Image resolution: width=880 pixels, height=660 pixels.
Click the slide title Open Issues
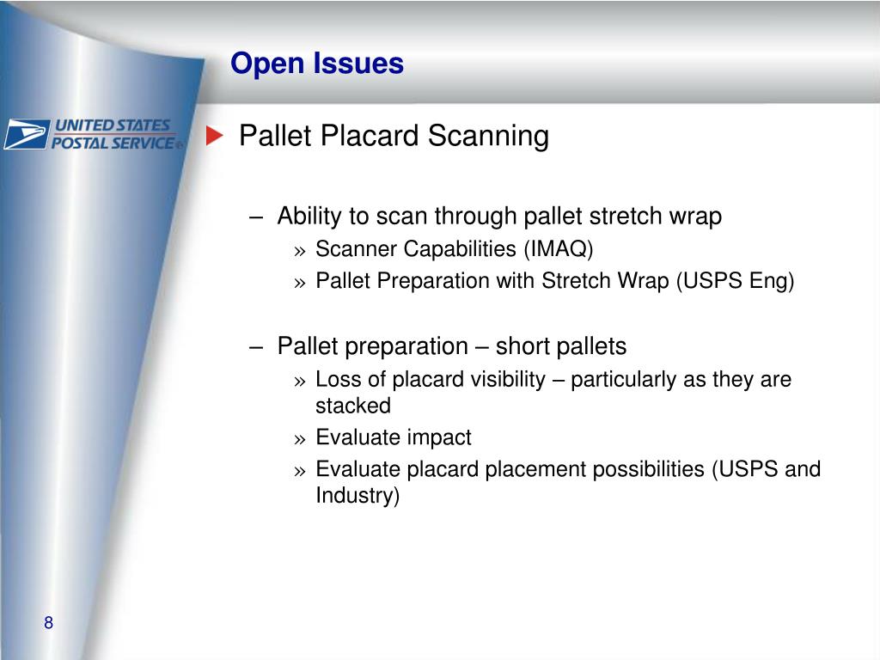(316, 64)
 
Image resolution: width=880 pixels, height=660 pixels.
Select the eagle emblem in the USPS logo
(25, 135)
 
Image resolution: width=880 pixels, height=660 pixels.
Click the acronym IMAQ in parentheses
(559, 249)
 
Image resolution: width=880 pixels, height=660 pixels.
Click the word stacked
(353, 405)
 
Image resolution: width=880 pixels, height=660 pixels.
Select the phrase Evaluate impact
(394, 437)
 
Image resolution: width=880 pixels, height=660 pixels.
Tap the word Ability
(309, 216)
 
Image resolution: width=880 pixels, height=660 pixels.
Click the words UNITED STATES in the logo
(113, 125)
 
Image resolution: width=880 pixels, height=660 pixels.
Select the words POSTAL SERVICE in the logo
(113, 143)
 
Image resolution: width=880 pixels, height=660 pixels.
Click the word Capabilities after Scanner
(461, 249)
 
